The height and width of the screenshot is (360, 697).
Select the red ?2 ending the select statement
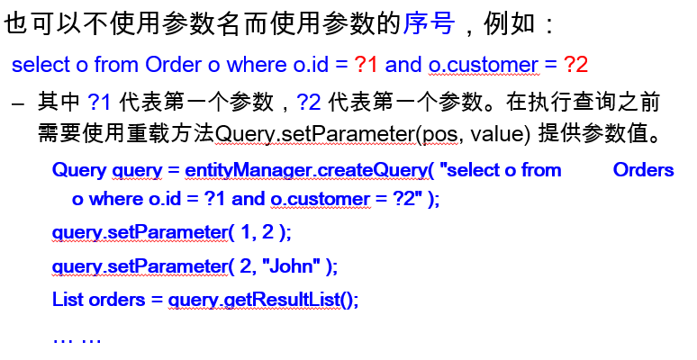coord(576,65)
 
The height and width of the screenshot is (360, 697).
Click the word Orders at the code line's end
coord(643,170)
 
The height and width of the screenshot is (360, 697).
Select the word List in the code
coord(68,299)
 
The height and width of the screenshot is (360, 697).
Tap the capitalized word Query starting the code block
coord(79,170)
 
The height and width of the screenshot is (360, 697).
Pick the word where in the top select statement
coord(255,65)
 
